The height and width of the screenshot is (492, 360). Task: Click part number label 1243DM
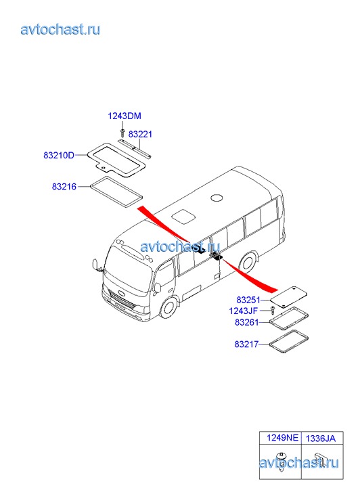point(125,116)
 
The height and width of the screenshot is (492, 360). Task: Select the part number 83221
point(140,134)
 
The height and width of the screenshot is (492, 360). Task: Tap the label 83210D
point(59,155)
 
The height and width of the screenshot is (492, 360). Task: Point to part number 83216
point(64,186)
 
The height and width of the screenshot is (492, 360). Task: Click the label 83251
point(248,300)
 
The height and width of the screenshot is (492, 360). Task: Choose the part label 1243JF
point(243,311)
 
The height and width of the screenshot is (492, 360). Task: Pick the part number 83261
point(247,322)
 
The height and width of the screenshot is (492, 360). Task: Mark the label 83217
point(246,344)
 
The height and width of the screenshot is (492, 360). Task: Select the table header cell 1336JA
point(321,438)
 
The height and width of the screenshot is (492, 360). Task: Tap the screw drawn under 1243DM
point(122,133)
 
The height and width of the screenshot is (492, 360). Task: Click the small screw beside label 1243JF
point(273,311)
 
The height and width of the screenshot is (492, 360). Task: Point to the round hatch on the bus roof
point(217,198)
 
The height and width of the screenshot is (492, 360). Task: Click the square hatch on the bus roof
point(183,217)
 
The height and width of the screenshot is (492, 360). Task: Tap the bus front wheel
point(170,308)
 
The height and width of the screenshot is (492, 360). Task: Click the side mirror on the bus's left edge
point(95,264)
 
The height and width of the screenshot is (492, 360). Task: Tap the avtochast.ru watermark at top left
point(61,29)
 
